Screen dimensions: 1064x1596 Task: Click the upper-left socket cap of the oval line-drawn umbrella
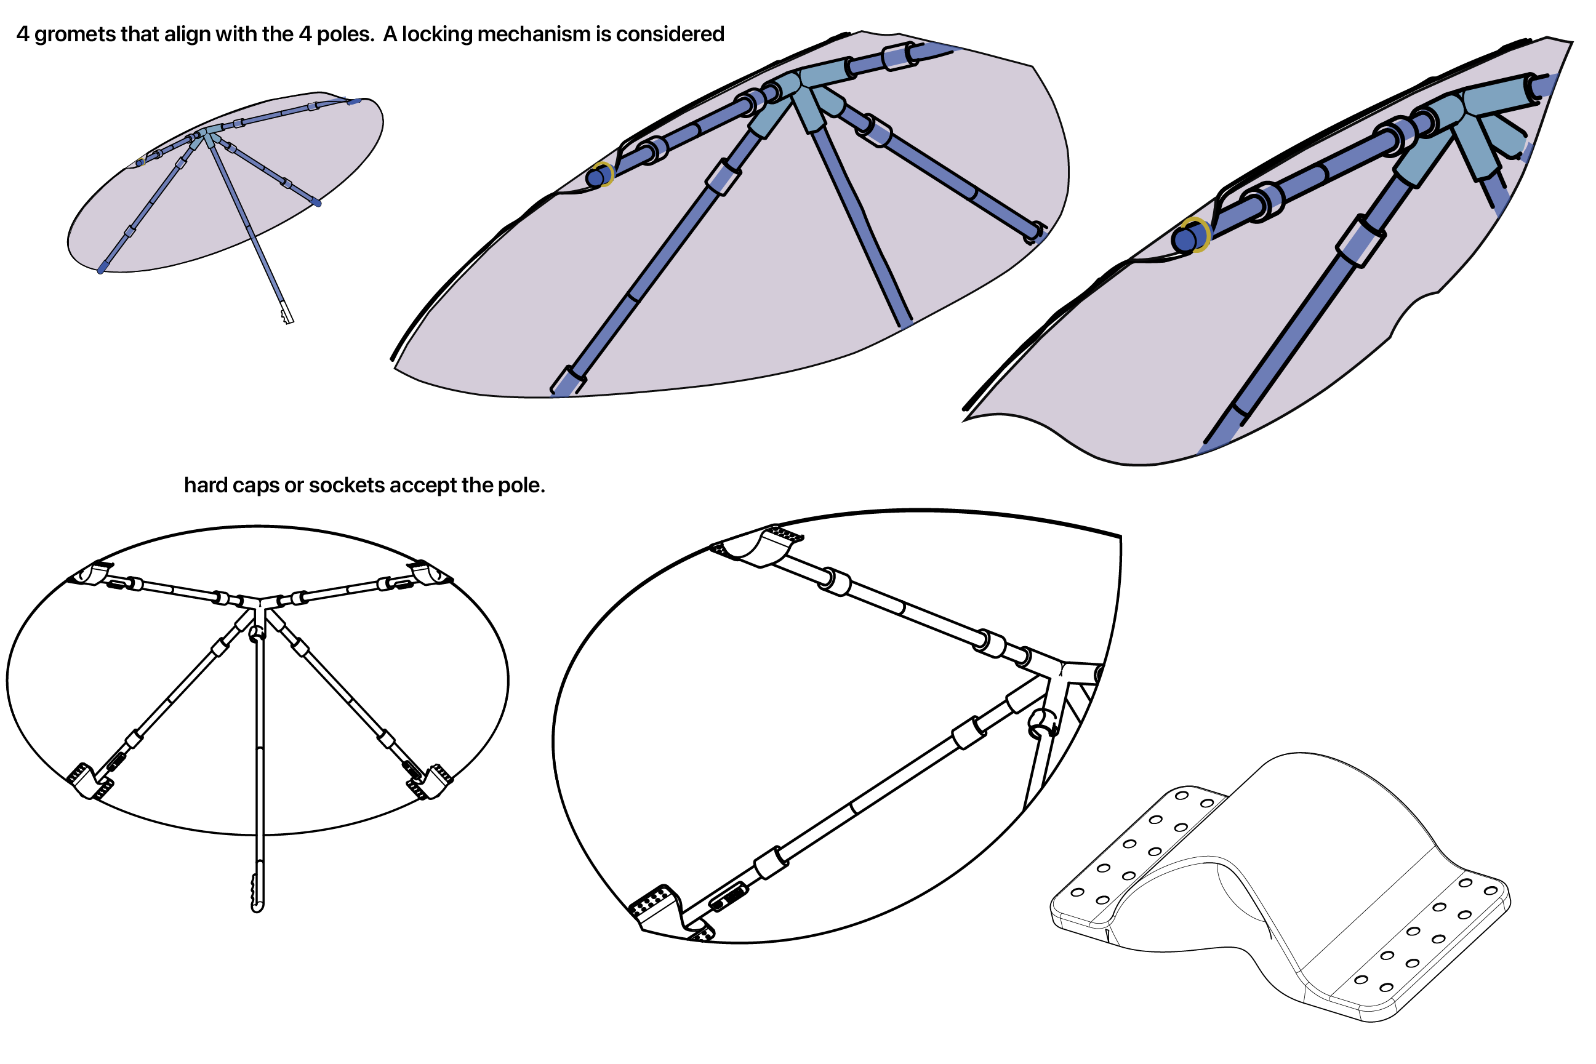(92, 574)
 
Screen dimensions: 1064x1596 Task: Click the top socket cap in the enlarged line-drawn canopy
(761, 546)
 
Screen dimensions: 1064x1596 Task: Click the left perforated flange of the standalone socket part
(1140, 848)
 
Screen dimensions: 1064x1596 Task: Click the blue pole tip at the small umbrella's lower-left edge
(101, 270)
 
